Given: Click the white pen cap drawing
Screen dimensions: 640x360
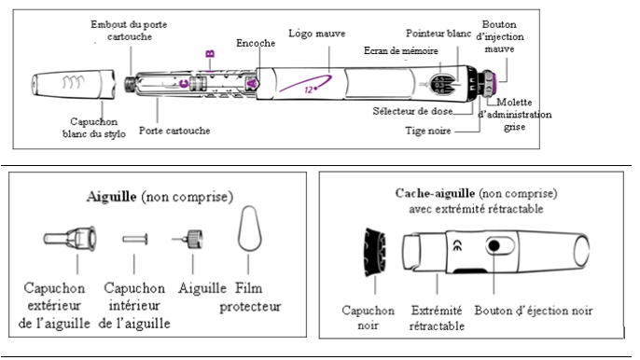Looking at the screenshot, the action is click(x=74, y=84).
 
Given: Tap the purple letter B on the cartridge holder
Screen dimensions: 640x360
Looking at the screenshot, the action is click(x=210, y=53).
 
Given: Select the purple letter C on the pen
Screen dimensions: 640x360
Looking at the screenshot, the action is click(x=184, y=84).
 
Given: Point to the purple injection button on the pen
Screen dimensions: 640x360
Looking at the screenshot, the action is click(x=493, y=82).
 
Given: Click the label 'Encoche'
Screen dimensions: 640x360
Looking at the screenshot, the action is click(x=256, y=43).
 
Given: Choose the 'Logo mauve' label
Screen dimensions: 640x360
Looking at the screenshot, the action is click(x=317, y=34).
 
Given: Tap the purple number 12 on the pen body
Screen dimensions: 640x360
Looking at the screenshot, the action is click(x=310, y=89).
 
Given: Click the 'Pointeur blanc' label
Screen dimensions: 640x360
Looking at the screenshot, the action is click(x=438, y=34).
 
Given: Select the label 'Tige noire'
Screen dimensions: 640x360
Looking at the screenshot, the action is click(x=427, y=131).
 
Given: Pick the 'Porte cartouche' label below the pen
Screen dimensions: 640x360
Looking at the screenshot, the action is click(x=174, y=131).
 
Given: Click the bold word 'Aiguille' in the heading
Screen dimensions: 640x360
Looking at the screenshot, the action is click(x=111, y=197).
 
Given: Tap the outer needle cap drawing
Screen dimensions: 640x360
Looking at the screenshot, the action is click(x=70, y=239).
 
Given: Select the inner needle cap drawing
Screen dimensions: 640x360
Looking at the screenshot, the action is click(x=134, y=239).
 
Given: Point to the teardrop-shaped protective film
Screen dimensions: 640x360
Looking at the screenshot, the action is click(x=249, y=228).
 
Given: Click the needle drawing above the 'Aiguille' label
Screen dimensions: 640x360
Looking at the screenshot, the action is click(x=188, y=239).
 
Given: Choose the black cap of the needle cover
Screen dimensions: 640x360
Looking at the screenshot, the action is click(x=375, y=253).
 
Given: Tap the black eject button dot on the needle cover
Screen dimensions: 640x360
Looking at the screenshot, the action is click(x=494, y=245).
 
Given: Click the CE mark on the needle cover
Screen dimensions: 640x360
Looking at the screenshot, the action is click(x=458, y=245).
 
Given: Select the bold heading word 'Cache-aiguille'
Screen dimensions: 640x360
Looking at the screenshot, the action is click(x=435, y=193).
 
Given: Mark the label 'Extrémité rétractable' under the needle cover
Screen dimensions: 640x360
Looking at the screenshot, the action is click(x=437, y=318).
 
